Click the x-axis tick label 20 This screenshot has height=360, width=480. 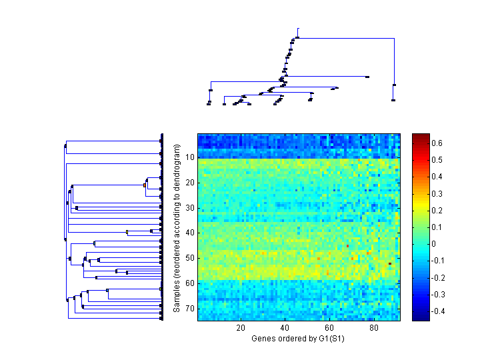pos(241,327)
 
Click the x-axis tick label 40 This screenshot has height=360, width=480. pos(285,327)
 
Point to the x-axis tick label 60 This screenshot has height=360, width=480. pos(329,327)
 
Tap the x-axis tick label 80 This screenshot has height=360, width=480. pos(374,327)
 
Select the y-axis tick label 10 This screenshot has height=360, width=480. pos(190,157)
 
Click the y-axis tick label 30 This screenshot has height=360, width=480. pos(190,207)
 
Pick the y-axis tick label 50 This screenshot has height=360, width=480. pos(190,258)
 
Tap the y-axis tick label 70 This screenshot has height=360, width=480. pos(190,308)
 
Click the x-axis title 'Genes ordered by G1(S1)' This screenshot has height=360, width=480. pos(297,339)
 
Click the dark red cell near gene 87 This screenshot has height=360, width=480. pos(390,264)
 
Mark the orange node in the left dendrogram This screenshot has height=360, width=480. pos(145,185)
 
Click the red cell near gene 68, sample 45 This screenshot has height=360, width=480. pos(348,246)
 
